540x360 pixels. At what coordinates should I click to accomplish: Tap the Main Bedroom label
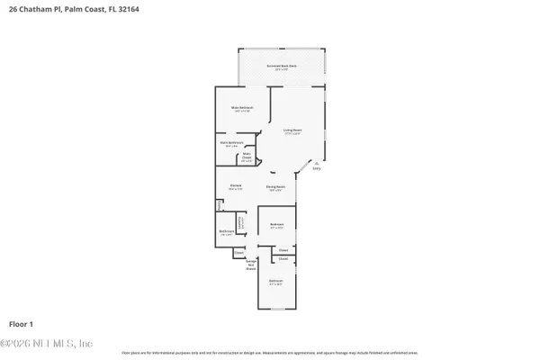(x=241, y=109)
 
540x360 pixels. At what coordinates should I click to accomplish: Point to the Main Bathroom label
(x=232, y=143)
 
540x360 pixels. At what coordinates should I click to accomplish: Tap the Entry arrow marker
(x=315, y=164)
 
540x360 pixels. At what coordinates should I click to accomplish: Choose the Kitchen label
(x=235, y=187)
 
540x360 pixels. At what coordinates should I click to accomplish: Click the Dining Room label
(x=274, y=188)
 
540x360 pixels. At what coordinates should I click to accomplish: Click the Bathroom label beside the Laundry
(x=226, y=232)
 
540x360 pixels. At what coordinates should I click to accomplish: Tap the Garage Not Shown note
(x=251, y=264)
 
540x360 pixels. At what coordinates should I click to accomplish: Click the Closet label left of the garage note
(x=238, y=253)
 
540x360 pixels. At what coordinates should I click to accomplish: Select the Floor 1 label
(x=22, y=323)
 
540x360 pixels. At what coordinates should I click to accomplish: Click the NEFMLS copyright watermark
(x=47, y=344)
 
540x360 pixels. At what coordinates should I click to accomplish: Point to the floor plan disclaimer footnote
(x=270, y=352)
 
